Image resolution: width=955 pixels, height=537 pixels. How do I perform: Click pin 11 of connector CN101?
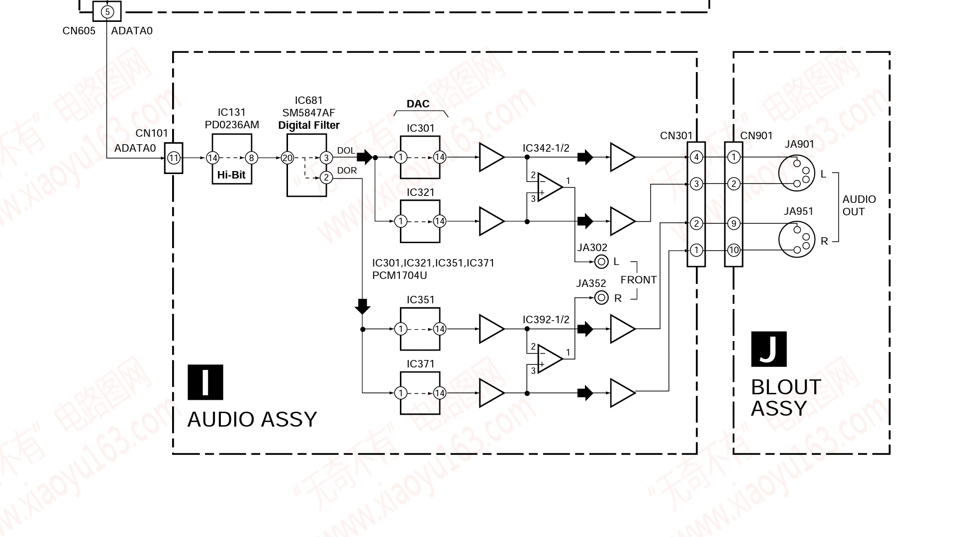point(174,158)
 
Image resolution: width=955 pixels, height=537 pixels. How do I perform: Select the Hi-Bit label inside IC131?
point(231,175)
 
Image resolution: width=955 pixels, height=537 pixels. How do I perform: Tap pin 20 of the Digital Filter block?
point(287,158)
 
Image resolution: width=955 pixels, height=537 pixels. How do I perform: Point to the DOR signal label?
point(347,171)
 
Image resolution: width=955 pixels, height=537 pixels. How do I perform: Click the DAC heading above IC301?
point(418,104)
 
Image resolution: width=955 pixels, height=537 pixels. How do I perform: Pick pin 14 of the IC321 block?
point(440,221)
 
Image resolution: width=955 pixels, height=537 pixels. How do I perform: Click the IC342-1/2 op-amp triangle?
point(550,187)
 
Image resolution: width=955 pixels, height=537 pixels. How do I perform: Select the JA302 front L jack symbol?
point(601,262)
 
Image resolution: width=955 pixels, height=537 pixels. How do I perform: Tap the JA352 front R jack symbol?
point(601,298)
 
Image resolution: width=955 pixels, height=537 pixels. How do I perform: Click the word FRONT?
point(639,280)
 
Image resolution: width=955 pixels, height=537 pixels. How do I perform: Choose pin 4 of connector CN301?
point(696,158)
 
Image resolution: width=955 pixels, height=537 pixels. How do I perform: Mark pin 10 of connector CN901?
point(734,250)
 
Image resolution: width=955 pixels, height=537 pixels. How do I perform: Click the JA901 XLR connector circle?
point(796,173)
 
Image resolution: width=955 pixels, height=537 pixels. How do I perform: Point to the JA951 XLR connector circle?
point(796,240)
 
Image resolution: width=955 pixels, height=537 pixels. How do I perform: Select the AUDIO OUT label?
point(859,205)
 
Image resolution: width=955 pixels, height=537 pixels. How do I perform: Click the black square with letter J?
point(768,349)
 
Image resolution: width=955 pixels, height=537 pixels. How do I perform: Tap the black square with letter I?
point(205,382)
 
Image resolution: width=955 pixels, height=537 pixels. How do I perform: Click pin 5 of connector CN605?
point(107,12)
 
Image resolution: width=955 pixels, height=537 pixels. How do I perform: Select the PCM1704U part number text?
point(399,275)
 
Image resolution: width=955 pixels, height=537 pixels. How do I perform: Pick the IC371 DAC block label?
point(420,364)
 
